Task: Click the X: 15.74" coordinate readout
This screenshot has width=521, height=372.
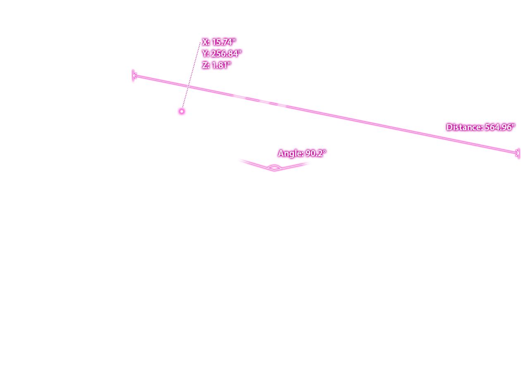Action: [219, 42]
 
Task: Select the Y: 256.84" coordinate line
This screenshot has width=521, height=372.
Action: [222, 54]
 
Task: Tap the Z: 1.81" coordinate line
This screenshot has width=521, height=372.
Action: [216, 65]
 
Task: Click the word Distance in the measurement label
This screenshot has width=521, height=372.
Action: [464, 127]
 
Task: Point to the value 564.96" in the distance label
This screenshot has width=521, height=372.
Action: [499, 127]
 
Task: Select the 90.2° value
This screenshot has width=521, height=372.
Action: [316, 153]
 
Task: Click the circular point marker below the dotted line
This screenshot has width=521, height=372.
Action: [182, 111]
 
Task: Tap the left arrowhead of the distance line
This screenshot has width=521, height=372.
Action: [134, 76]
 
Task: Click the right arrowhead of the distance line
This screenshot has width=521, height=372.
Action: [517, 153]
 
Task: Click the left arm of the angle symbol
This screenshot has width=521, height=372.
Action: [256, 165]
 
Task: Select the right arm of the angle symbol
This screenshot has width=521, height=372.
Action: [292, 167]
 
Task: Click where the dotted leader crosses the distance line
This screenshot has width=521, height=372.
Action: [189, 87]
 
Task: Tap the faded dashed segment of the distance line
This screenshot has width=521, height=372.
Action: [259, 100]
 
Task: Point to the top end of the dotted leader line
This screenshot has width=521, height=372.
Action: [200, 43]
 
